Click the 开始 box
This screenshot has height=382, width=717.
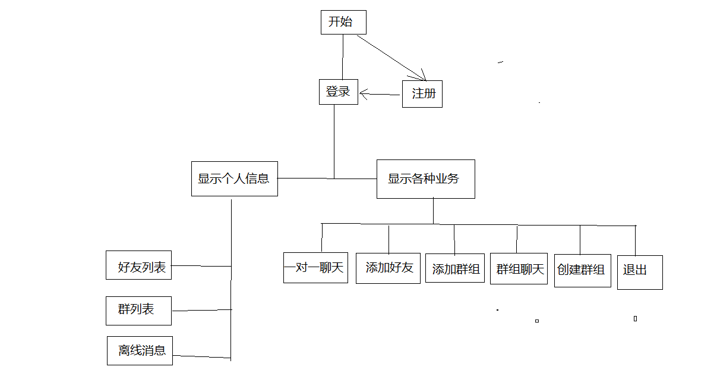click(343, 23)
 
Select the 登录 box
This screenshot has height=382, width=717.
click(339, 92)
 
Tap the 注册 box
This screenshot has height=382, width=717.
click(422, 94)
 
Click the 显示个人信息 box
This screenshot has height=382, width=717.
click(234, 179)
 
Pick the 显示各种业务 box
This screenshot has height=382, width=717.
click(425, 179)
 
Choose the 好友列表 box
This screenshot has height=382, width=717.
click(139, 265)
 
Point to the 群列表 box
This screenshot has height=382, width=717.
click(138, 311)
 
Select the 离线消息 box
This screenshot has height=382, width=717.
click(140, 350)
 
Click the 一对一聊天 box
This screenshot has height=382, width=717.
click(315, 268)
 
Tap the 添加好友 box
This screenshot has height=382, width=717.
click(388, 268)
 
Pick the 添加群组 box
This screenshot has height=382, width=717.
click(455, 268)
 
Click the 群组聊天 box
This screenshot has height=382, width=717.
click(519, 269)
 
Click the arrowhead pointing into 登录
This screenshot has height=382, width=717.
click(364, 93)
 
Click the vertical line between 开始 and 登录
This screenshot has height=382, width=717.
click(343, 57)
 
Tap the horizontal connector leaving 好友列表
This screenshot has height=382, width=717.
click(201, 266)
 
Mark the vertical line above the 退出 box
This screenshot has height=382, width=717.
click(635, 240)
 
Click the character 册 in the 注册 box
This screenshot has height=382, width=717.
click(429, 94)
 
